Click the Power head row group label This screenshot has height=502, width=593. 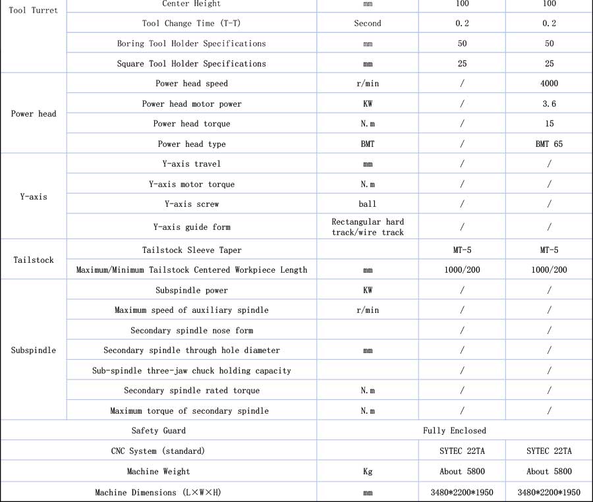(x=34, y=114)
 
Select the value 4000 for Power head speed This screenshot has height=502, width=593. (x=549, y=84)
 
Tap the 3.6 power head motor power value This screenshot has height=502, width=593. (x=549, y=104)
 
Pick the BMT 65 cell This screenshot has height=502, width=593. (x=549, y=144)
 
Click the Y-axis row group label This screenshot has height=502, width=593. (x=34, y=196)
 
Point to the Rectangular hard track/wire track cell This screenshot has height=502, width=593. (x=368, y=227)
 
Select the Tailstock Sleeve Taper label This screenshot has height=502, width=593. (x=192, y=250)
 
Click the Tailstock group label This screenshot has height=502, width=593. (x=34, y=260)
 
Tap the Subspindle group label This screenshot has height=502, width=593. (x=34, y=350)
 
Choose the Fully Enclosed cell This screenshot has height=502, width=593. (x=454, y=431)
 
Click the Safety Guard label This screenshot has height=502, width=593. (x=159, y=431)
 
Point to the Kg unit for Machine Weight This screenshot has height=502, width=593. (x=368, y=472)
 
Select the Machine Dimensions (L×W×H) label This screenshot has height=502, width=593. (x=159, y=492)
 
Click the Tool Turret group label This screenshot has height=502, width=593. (x=34, y=11)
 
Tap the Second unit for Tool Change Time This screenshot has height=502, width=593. (x=368, y=24)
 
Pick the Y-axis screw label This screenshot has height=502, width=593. (x=192, y=204)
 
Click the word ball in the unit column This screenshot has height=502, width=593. (x=368, y=204)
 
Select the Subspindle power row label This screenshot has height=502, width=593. (x=192, y=291)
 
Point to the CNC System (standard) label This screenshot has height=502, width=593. (x=159, y=451)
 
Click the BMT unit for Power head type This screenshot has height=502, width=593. (x=368, y=144)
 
